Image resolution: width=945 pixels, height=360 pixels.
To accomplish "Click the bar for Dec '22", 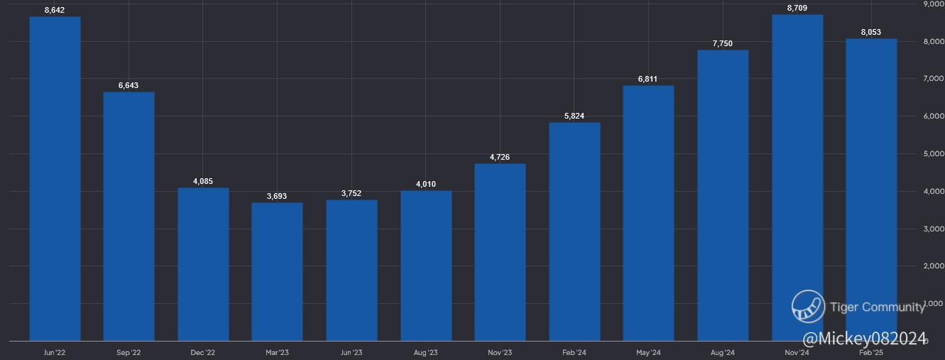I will click(203, 264).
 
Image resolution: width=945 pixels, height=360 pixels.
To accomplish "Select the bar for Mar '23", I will click(277, 272).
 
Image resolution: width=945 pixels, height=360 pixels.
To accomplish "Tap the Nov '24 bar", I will click(797, 178).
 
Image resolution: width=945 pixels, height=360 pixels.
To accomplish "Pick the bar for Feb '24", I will click(574, 231).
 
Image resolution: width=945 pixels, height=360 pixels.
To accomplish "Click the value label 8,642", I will click(55, 10).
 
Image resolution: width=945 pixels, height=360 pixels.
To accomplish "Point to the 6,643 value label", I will click(129, 85).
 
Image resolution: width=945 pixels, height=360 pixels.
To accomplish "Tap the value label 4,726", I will click(500, 157).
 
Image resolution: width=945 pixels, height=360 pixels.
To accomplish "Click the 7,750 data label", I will click(722, 43).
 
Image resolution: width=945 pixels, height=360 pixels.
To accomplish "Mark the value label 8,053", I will click(871, 32).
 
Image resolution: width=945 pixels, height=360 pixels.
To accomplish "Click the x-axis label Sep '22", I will click(129, 353).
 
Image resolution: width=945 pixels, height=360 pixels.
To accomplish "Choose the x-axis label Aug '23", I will click(426, 353).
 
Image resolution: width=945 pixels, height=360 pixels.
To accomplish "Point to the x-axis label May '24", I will click(648, 353).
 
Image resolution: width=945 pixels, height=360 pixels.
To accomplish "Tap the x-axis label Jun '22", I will click(55, 353).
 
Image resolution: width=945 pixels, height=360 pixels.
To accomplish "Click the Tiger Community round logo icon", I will click(808, 307).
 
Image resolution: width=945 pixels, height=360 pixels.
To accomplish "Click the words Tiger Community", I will click(878, 307).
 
